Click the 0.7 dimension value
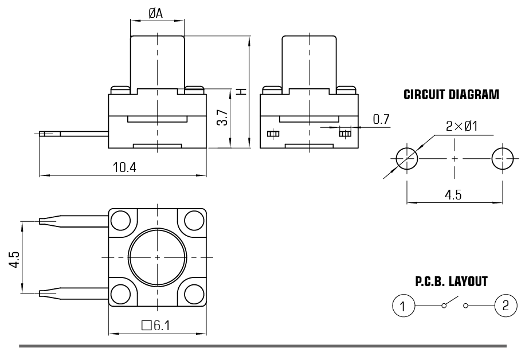tap(381, 119)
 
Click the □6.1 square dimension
tap(155, 326)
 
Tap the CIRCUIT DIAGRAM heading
tap(451, 95)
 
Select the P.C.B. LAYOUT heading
tap(451, 281)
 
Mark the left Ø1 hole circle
tap(406, 157)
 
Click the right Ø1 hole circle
tap(503, 157)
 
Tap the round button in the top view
tap(156, 257)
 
